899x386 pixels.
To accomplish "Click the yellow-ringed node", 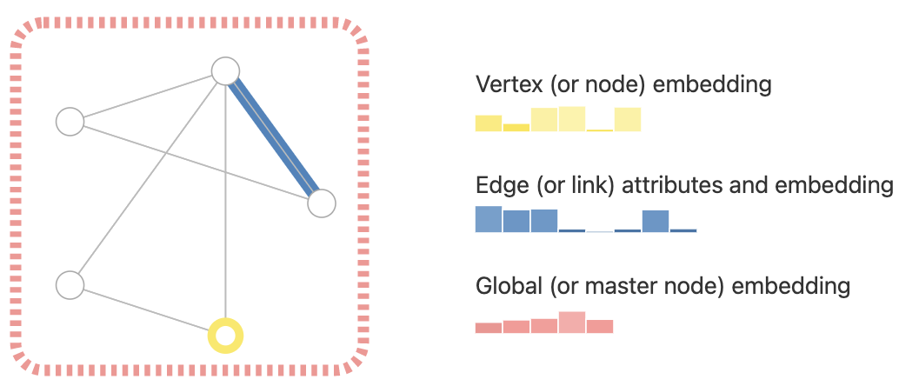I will point(225,336).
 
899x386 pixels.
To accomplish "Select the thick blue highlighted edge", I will point(274,137).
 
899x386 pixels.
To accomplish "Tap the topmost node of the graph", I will point(225,70).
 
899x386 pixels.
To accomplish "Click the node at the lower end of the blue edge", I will point(321,203).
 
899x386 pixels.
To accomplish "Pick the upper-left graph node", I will point(70,122).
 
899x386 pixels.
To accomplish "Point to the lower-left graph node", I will point(70,284).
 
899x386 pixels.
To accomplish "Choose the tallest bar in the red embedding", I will point(571,323).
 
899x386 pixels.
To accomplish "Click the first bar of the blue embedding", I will point(489,219).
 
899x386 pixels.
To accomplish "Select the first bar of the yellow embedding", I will point(489,123).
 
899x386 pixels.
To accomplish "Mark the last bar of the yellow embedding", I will point(627,120).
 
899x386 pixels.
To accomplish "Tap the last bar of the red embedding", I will point(600,327).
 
